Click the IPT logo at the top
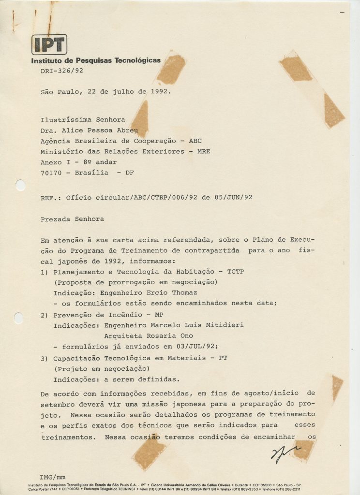(x=49, y=44)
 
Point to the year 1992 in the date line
(x=159, y=91)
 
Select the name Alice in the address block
(x=74, y=130)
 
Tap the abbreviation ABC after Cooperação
(x=195, y=141)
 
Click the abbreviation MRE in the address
(x=203, y=151)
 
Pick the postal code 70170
(x=52, y=173)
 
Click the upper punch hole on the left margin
(x=20, y=185)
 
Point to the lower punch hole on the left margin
(x=18, y=318)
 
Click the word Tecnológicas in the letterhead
(x=137, y=60)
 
